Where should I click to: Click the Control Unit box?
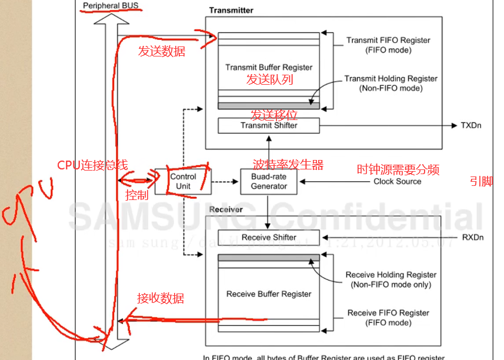(x=183, y=181)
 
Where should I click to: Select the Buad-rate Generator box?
(x=269, y=182)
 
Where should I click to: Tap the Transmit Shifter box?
(x=269, y=125)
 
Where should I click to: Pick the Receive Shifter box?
(x=269, y=238)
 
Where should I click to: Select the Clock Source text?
(x=397, y=182)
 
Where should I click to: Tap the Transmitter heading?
(x=231, y=10)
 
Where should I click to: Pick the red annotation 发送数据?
(x=162, y=51)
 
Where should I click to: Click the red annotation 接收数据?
(x=161, y=298)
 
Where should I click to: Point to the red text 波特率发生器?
(x=288, y=165)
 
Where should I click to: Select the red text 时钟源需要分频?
(x=398, y=170)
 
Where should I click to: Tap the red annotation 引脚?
(x=481, y=182)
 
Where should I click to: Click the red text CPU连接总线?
(x=92, y=165)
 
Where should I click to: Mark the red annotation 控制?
(x=137, y=195)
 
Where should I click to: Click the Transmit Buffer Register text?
(x=269, y=67)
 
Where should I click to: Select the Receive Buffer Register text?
(x=269, y=294)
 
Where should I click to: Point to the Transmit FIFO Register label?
(x=388, y=41)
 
